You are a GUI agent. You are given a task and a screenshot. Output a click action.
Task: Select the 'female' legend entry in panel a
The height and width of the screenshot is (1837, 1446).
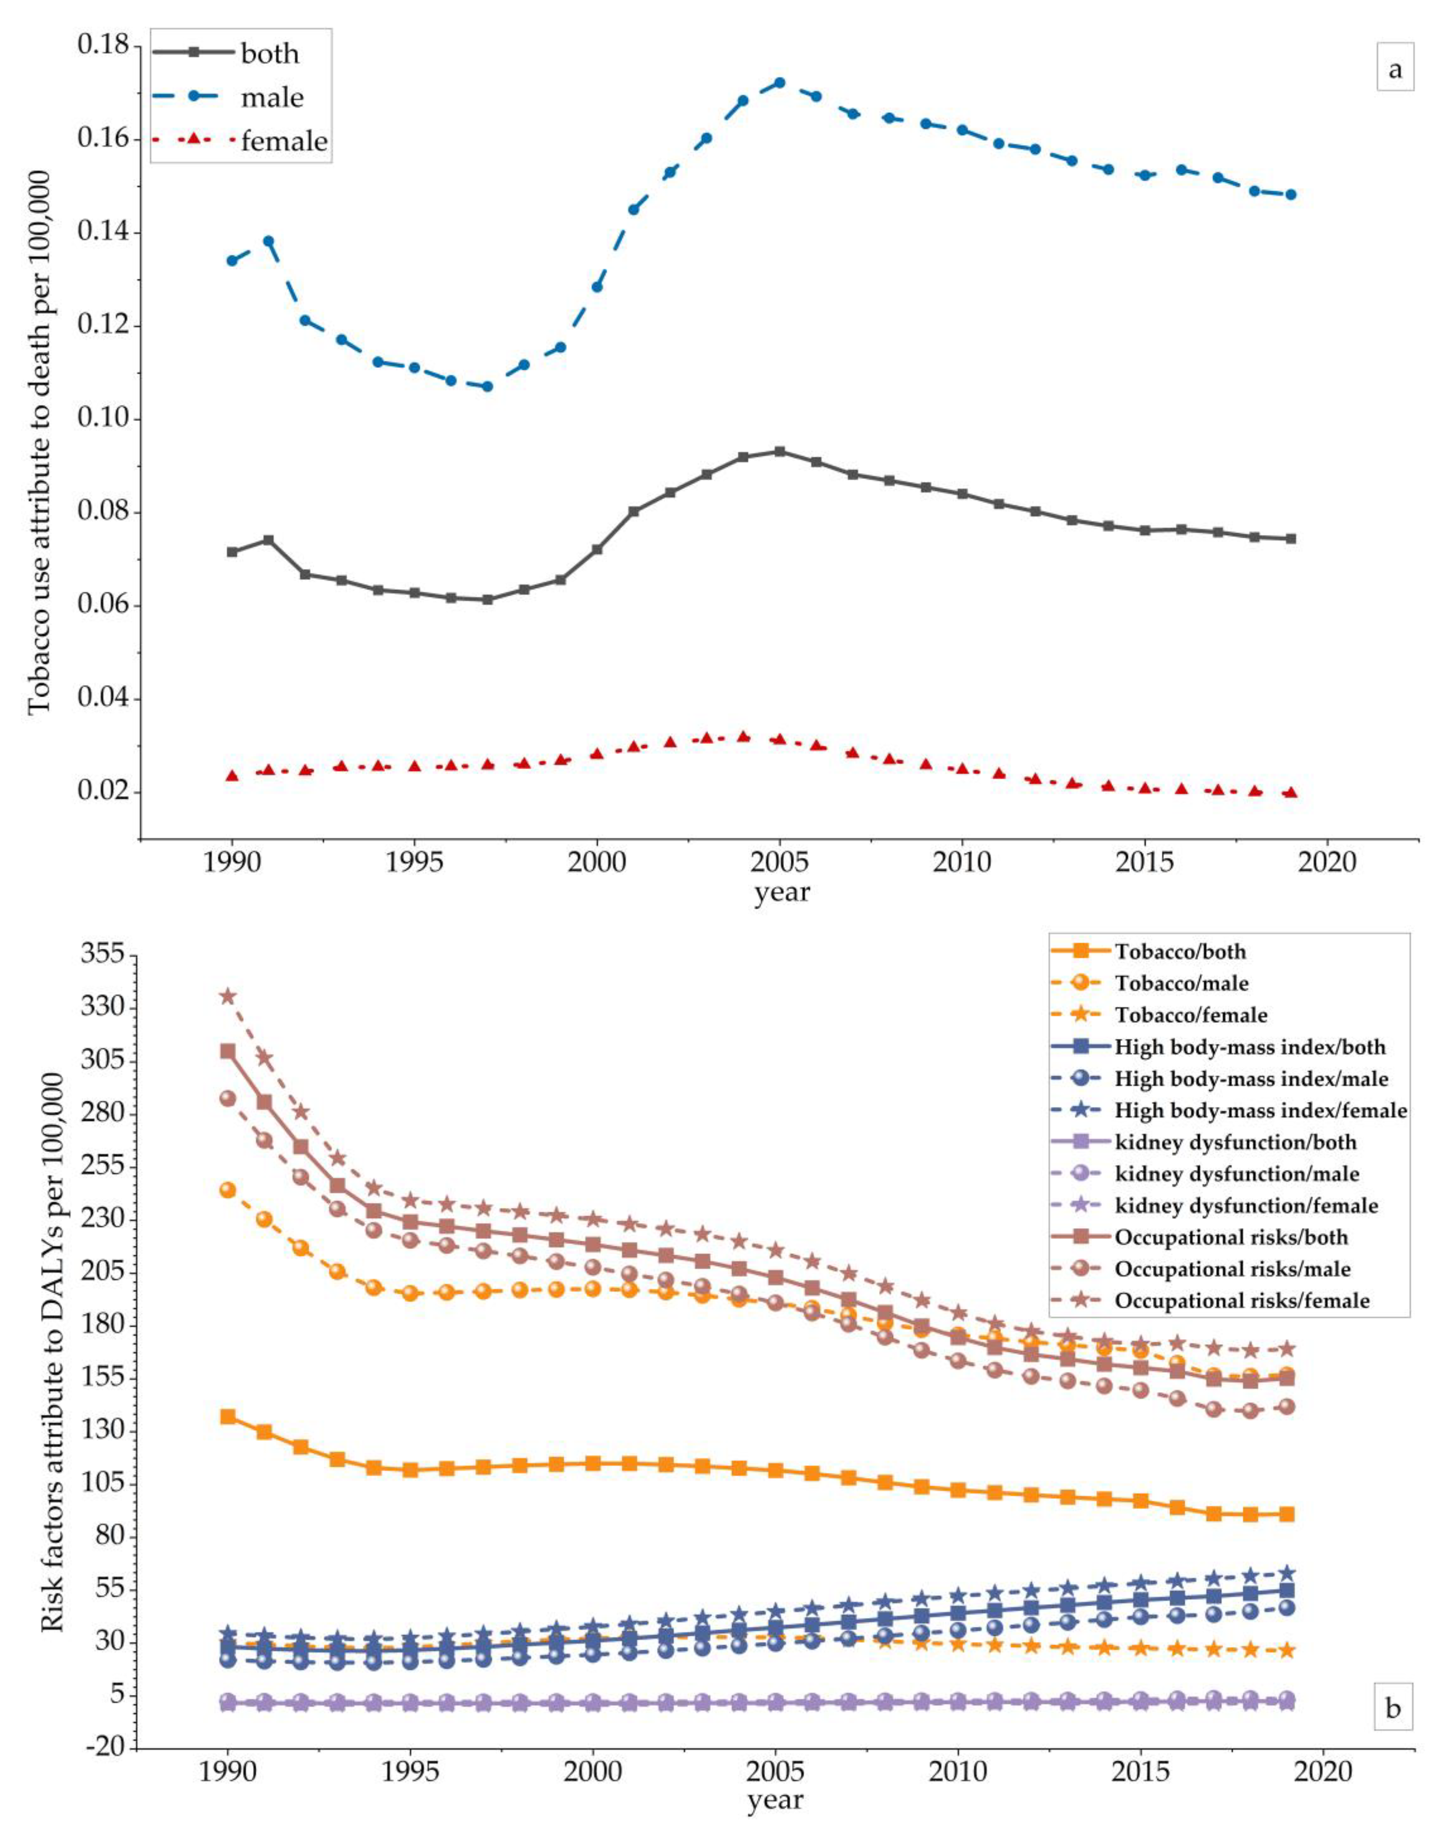(284, 141)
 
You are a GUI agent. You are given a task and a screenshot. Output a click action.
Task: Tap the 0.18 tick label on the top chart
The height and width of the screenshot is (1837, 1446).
(108, 45)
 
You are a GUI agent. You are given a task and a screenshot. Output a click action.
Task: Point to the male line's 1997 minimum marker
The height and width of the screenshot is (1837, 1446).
(487, 386)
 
